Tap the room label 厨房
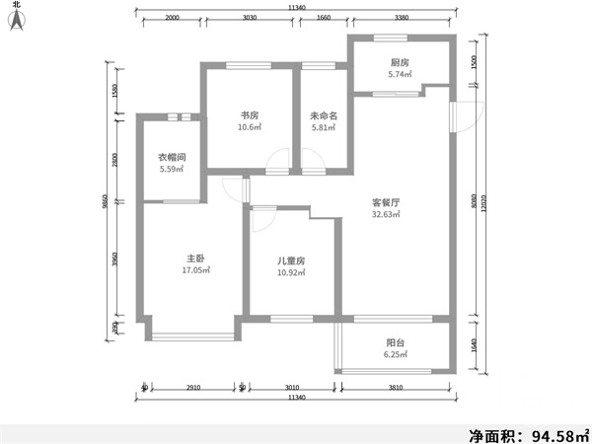[x=399, y=61]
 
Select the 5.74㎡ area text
[x=399, y=74]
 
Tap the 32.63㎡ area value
[x=385, y=214]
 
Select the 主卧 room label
[x=192, y=258]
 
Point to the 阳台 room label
[x=395, y=343]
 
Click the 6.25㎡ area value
[x=395, y=355]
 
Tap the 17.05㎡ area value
[x=192, y=269]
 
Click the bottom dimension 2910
[x=192, y=388]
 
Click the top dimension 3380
[x=401, y=18]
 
